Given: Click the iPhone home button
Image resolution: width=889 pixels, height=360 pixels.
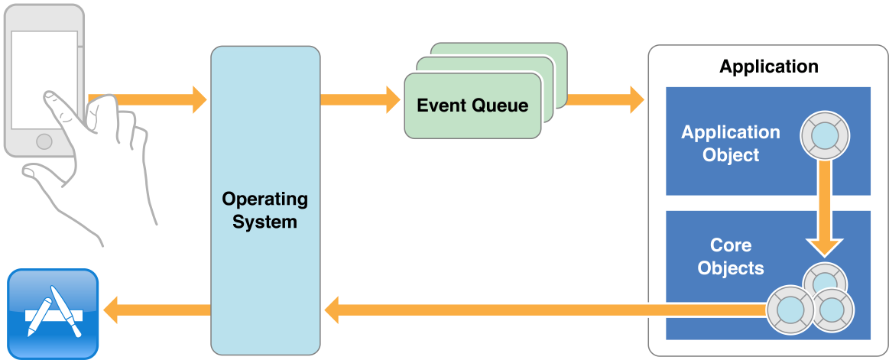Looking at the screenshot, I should click(x=44, y=141).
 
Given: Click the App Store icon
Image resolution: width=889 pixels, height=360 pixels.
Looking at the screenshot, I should click(x=53, y=313).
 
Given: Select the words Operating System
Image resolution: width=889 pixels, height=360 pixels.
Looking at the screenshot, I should click(x=264, y=211).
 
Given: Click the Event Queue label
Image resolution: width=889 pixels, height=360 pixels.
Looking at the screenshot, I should click(x=472, y=105).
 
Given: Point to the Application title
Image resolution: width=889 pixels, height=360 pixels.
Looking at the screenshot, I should click(x=768, y=66).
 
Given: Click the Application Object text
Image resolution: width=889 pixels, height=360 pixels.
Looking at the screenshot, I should click(x=730, y=144).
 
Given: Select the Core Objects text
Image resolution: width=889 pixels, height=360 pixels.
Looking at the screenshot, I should click(x=730, y=257).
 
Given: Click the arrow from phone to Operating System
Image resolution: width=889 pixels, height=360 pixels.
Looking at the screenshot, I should click(x=153, y=99).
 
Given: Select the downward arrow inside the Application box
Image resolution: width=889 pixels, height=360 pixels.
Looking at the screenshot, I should click(x=824, y=206).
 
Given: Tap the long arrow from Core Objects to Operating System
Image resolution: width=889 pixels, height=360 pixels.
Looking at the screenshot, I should click(x=535, y=310).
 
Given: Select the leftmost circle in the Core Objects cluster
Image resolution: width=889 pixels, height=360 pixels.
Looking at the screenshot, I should click(x=790, y=310).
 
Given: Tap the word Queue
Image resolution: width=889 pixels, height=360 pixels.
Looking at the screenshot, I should click(x=501, y=105).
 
